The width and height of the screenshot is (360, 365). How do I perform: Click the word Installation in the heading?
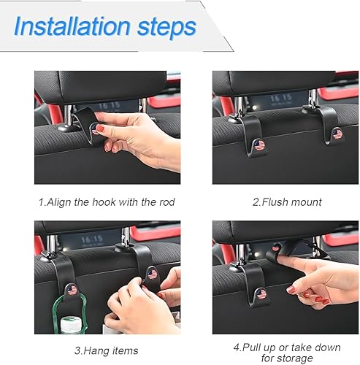click(71, 27)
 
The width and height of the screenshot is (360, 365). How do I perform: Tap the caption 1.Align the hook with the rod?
click(106, 201)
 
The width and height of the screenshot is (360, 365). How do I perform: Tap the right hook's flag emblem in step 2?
click(337, 134)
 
